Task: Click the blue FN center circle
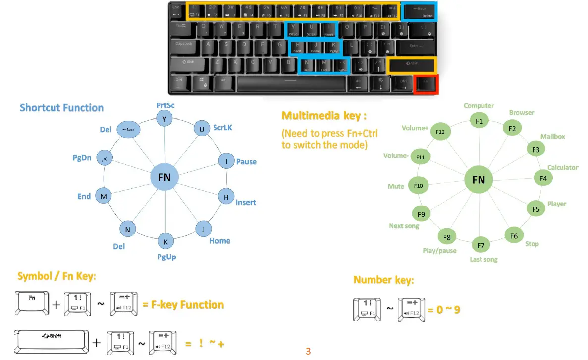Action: tap(164, 177)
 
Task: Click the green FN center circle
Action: tap(479, 180)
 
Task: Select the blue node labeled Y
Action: tap(164, 118)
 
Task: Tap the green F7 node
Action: tap(481, 245)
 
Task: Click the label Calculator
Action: tap(562, 167)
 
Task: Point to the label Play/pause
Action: tap(439, 251)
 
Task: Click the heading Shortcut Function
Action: tap(61, 108)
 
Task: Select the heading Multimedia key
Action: tap(324, 116)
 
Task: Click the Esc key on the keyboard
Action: tap(176, 11)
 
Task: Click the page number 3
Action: tap(308, 352)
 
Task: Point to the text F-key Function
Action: tap(183, 305)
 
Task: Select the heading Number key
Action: tap(383, 280)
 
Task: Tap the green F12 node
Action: tap(440, 132)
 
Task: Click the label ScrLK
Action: tap(222, 128)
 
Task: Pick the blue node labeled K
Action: tap(165, 242)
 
